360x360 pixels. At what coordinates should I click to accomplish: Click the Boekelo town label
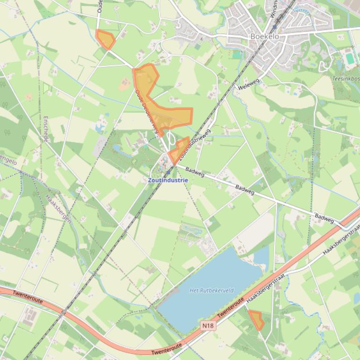click(265, 36)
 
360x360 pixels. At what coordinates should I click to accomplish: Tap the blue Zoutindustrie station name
click(168, 180)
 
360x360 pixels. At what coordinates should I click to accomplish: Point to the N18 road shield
click(209, 324)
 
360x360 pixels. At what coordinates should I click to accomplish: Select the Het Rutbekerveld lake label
click(205, 290)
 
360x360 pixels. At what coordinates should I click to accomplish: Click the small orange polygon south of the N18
click(256, 320)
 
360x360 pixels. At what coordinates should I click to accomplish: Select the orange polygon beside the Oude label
click(105, 39)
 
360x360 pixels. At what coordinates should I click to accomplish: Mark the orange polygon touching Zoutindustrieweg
click(179, 150)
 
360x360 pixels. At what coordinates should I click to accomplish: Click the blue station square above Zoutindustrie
click(167, 172)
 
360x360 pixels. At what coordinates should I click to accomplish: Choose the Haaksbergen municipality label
click(58, 208)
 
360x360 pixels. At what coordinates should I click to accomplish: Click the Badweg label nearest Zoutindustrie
click(195, 172)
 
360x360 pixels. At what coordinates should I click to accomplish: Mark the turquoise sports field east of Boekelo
click(350, 58)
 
